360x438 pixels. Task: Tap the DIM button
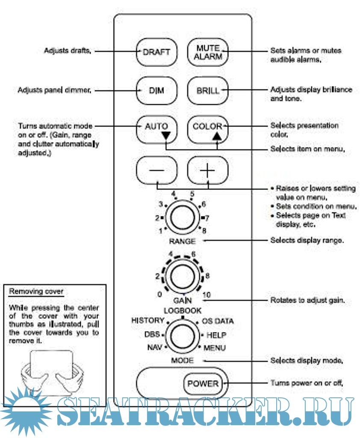coord(156,91)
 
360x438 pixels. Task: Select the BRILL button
coord(207,91)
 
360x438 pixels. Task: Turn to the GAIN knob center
coord(182,275)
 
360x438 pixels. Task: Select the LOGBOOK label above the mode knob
coord(183,310)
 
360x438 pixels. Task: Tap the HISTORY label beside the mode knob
coord(148,320)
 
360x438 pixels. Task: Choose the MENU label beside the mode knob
coord(215,348)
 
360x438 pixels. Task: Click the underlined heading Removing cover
coord(36,292)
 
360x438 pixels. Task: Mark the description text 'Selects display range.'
coord(307,240)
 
